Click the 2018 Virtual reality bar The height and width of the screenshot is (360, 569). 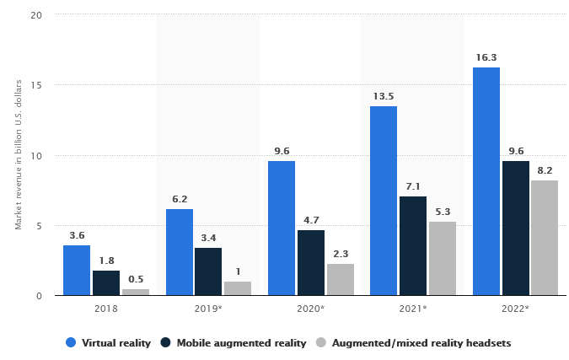(77, 270)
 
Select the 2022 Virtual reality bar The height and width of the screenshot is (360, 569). (486, 181)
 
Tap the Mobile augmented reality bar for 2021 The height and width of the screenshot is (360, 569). (413, 245)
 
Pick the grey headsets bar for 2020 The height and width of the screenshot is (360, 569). (341, 279)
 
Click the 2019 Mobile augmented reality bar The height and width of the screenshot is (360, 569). (208, 271)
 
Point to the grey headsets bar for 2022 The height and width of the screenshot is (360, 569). (545, 238)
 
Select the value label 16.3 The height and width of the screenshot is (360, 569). (486, 58)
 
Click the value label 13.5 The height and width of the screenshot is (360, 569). (384, 97)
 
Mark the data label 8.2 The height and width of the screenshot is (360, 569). (545, 171)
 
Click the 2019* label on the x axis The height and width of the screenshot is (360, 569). (208, 309)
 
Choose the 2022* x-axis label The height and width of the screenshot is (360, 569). (515, 309)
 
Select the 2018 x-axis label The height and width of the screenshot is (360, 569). (106, 309)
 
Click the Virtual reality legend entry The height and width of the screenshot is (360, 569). (110, 342)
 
